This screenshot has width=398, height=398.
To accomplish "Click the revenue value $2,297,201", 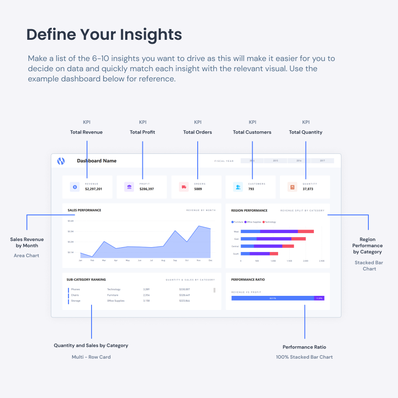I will click(94, 189).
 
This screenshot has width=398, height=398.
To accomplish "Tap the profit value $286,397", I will click(147, 189).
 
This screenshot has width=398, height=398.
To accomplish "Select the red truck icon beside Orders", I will click(184, 187).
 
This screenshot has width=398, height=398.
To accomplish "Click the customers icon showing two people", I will click(238, 187).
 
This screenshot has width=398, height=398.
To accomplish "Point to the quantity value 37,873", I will click(308, 189).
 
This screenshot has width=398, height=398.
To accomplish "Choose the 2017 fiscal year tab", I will click(322, 161).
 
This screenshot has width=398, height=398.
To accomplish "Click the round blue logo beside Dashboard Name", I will click(61, 161).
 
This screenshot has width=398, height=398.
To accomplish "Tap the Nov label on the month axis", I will click(199, 260).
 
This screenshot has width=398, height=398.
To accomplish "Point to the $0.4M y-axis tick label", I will click(71, 221).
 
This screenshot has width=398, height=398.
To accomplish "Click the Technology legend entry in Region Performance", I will click(269, 222).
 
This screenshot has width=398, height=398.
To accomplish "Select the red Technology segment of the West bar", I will click(306, 231).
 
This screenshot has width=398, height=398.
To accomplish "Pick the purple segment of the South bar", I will click(260, 253).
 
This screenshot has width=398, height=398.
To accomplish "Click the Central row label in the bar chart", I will click(235, 246).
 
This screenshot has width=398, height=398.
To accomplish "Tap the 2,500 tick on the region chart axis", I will click(321, 261).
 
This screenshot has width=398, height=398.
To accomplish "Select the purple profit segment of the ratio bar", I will click(319, 298).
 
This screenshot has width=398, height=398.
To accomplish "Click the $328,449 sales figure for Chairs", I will click(184, 295).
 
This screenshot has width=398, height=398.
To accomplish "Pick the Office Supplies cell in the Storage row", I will click(115, 301).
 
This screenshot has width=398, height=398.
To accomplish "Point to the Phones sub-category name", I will click(75, 289).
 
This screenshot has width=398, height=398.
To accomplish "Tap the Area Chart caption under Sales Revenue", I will click(27, 256).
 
